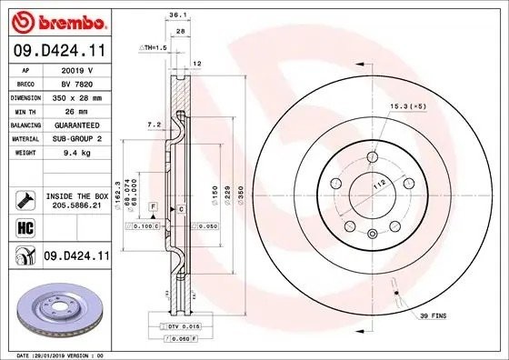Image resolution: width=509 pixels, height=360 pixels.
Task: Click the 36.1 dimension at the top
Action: click(178, 15)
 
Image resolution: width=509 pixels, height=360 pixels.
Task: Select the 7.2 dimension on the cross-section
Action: click(155, 122)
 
